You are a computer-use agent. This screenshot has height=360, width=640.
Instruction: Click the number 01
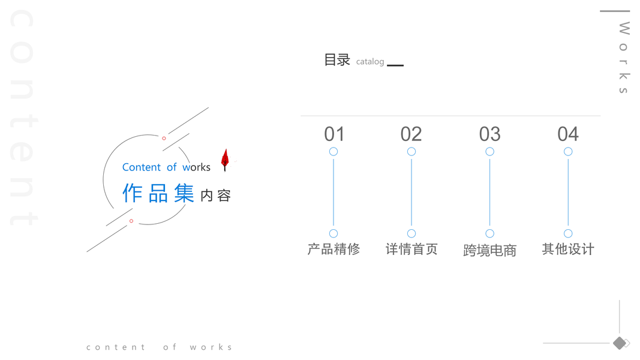click(x=334, y=134)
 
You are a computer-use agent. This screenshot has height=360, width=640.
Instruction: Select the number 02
click(x=411, y=134)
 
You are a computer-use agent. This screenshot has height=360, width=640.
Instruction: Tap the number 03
click(x=489, y=134)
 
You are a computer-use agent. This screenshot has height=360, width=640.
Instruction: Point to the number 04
click(x=568, y=134)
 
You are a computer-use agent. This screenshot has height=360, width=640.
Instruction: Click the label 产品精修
click(x=333, y=249)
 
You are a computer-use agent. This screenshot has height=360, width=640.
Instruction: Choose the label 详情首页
click(x=411, y=249)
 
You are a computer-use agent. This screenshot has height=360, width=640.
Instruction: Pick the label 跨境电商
click(x=489, y=250)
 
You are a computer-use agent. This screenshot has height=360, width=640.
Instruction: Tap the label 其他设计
click(x=568, y=249)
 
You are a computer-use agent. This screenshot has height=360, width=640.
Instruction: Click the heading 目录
click(x=337, y=60)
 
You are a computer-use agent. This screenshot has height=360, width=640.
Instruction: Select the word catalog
click(x=370, y=62)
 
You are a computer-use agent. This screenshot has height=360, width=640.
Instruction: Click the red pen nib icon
click(x=225, y=159)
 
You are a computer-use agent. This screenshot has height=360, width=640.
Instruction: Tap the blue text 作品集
click(x=158, y=193)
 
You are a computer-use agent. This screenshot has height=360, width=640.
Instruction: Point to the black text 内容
click(x=215, y=196)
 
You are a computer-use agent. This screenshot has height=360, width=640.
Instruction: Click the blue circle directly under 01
click(x=333, y=152)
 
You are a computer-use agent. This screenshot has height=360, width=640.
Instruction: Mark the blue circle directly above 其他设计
click(x=568, y=233)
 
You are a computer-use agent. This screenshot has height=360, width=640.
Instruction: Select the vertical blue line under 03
click(x=489, y=192)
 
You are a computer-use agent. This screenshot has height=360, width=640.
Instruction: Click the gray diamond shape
click(x=619, y=343)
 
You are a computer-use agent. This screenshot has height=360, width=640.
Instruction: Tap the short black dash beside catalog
click(x=395, y=65)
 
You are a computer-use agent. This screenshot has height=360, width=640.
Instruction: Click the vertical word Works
click(x=624, y=58)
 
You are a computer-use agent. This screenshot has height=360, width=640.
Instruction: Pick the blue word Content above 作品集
click(x=142, y=167)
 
